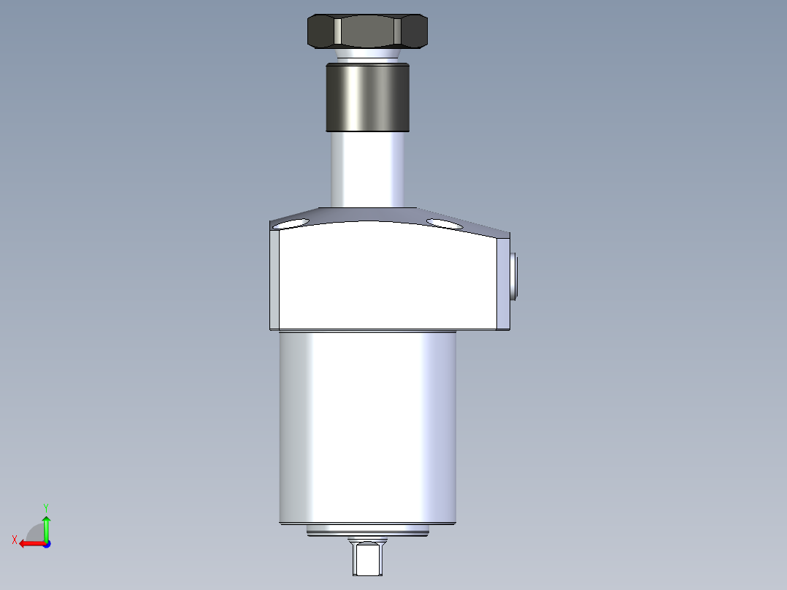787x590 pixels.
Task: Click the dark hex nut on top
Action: [x=366, y=31]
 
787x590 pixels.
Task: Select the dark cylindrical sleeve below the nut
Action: [x=366, y=97]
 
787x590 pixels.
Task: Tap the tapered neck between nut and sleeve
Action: [x=366, y=56]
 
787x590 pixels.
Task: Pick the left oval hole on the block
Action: [x=290, y=223]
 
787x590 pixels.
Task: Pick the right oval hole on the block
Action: [x=445, y=223]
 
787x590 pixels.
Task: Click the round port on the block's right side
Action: [x=515, y=275]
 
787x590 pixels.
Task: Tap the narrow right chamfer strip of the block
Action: [x=504, y=281]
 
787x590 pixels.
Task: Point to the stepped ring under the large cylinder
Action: [x=367, y=531]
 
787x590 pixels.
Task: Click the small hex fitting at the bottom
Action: [x=366, y=558]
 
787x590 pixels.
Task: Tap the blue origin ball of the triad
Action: [x=46, y=543]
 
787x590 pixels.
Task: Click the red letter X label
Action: [x=14, y=540]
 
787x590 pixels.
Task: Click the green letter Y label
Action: [x=45, y=507]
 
